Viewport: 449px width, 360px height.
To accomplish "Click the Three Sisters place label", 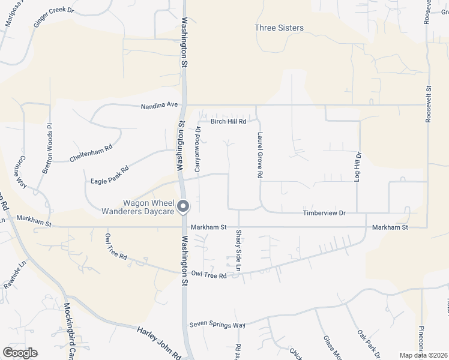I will pyautogui.click(x=279, y=28).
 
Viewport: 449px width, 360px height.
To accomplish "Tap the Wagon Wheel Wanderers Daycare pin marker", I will pyautogui.click(x=184, y=206).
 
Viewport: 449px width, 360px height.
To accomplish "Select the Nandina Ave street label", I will pyautogui.click(x=160, y=105).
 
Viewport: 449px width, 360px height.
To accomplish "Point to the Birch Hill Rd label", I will pyautogui.click(x=229, y=121).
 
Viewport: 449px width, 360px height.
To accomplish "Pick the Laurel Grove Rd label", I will pyautogui.click(x=260, y=155).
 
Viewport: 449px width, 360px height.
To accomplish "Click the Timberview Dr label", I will pyautogui.click(x=325, y=213).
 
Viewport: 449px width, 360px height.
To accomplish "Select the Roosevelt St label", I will pyautogui.click(x=429, y=103).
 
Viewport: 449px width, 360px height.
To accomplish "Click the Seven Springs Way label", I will pyautogui.click(x=217, y=325).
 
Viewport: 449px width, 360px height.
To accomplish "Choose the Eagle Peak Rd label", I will pyautogui.click(x=110, y=175).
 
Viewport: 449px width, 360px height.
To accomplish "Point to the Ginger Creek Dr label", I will pyautogui.click(x=53, y=17).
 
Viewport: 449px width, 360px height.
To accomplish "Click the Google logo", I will pyautogui.click(x=20, y=352).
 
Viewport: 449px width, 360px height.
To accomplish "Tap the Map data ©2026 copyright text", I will pyautogui.click(x=423, y=355).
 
